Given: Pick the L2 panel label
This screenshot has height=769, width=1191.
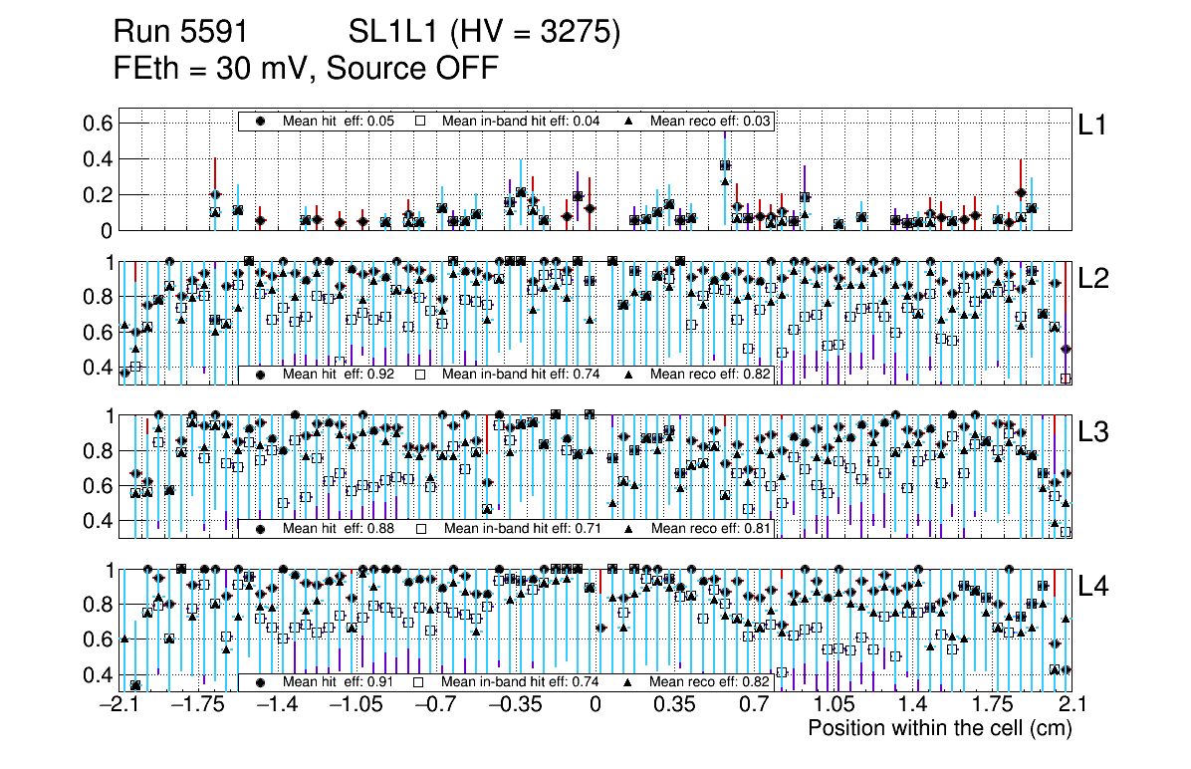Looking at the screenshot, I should click(1093, 280).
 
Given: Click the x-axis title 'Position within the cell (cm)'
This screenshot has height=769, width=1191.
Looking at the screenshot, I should click(939, 728).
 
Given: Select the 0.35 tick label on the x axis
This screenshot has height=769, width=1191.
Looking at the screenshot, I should click(673, 705).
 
